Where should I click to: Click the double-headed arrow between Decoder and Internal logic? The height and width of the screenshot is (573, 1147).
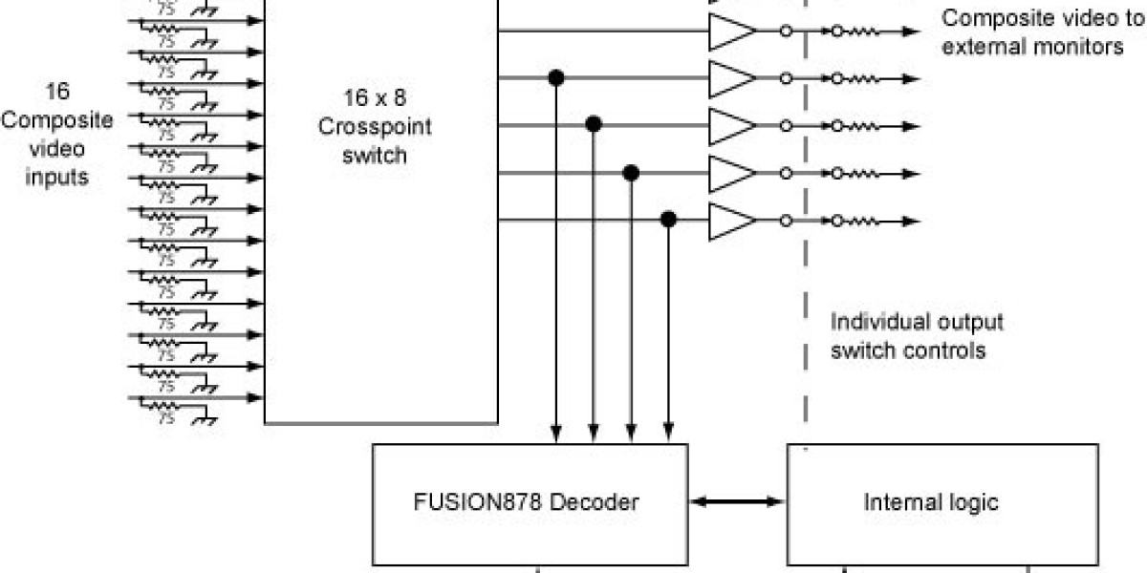pyautogui.click(x=736, y=500)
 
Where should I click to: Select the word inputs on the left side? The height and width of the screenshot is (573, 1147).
pyautogui.click(x=60, y=178)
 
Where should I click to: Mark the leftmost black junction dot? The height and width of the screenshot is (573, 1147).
pyautogui.click(x=554, y=77)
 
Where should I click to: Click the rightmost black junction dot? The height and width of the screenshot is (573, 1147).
pyautogui.click(x=669, y=221)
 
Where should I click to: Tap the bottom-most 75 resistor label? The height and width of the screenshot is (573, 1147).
pyautogui.click(x=166, y=417)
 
